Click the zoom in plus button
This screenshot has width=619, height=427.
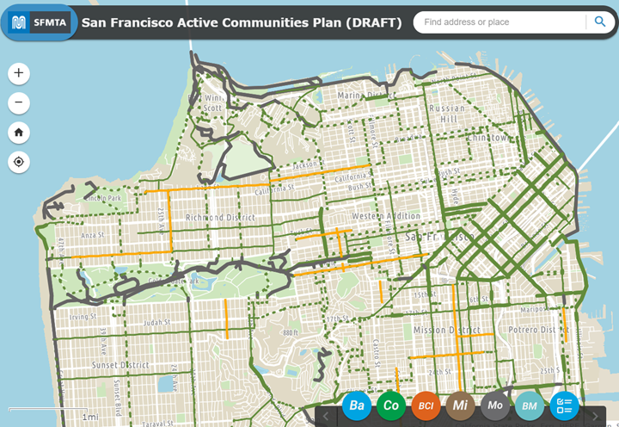point(19,73)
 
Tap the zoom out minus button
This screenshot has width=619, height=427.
point(19,103)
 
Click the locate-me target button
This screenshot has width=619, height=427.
point(19,162)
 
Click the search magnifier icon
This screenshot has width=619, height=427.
point(599,22)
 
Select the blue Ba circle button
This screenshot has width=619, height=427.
point(357,405)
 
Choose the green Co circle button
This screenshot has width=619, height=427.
point(391,405)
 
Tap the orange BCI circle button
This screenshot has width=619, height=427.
point(426,405)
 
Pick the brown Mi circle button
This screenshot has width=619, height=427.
point(461,405)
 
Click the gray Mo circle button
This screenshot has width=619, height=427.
point(495,405)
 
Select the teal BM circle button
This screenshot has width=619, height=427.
point(530,405)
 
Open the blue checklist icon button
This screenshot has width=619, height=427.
point(565,405)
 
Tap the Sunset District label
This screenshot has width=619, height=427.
point(120,365)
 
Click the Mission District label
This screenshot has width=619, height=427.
point(447,330)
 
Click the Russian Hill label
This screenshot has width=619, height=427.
point(447,114)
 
